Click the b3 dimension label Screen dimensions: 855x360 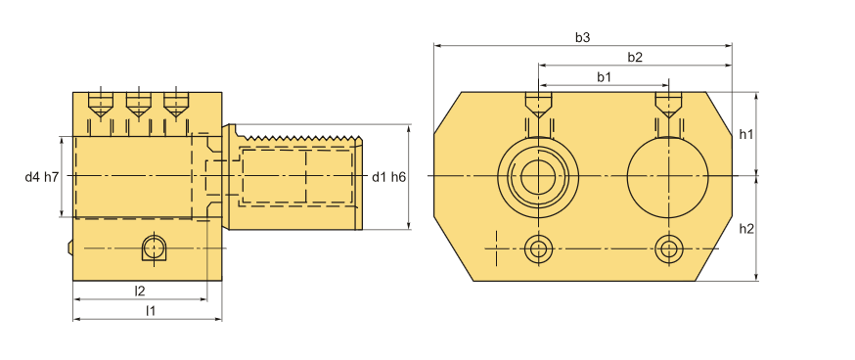(x=582, y=37)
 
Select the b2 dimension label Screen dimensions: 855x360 (x=635, y=58)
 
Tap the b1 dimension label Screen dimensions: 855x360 (x=604, y=77)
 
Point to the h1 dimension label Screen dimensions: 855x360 (x=746, y=134)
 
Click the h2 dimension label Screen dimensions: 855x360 (x=746, y=229)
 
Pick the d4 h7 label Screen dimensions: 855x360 (x=41, y=177)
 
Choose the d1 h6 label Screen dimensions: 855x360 (x=388, y=177)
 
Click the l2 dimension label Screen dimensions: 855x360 (x=140, y=291)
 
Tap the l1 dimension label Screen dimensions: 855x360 (x=151, y=311)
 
